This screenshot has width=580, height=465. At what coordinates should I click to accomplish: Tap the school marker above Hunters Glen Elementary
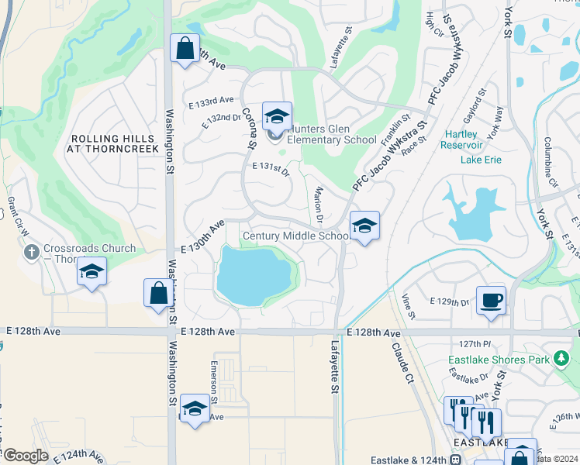277,117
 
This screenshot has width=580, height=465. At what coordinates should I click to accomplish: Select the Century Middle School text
295,236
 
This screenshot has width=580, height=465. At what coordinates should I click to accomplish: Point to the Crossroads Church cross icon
31,251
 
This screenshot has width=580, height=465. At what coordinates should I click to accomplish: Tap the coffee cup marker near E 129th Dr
490,300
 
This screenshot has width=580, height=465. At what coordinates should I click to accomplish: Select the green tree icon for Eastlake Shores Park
561,359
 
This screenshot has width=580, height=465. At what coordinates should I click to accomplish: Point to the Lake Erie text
481,160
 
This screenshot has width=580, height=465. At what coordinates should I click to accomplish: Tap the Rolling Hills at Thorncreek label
114,143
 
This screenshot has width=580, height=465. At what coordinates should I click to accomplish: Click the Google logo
26,456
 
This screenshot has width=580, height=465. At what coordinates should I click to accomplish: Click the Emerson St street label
213,380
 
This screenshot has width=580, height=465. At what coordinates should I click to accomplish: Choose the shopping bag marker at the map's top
185,49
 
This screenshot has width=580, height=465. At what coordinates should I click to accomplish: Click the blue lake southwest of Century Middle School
252,275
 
